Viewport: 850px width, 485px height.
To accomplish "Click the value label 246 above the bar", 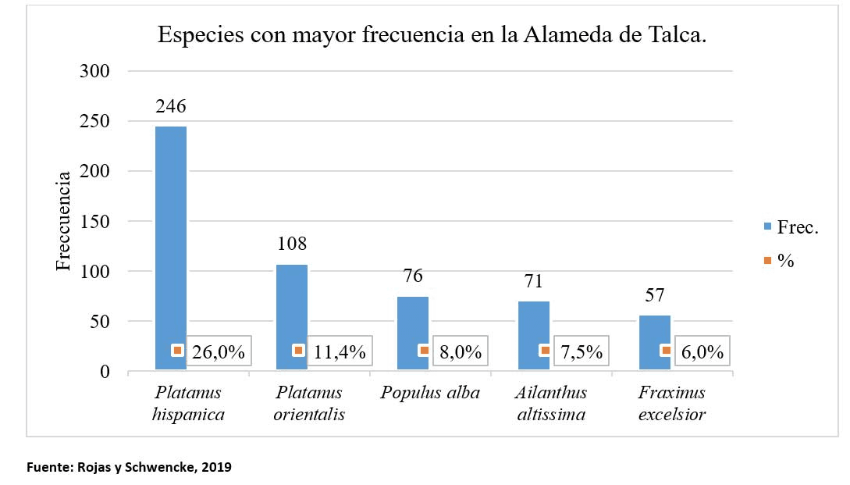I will (171, 106).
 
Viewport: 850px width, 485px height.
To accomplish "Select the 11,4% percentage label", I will (340, 352).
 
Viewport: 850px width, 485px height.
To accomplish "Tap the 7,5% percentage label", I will (581, 352).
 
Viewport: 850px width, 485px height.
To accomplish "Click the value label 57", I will (654, 297).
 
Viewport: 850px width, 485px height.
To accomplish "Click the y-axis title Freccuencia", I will (64, 221).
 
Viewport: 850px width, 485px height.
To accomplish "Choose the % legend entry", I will (785, 261).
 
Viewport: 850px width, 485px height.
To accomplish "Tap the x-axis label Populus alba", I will (430, 393).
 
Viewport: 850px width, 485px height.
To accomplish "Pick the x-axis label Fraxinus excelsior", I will (671, 403).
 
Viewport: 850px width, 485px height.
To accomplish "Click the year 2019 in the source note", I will (216, 467).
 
